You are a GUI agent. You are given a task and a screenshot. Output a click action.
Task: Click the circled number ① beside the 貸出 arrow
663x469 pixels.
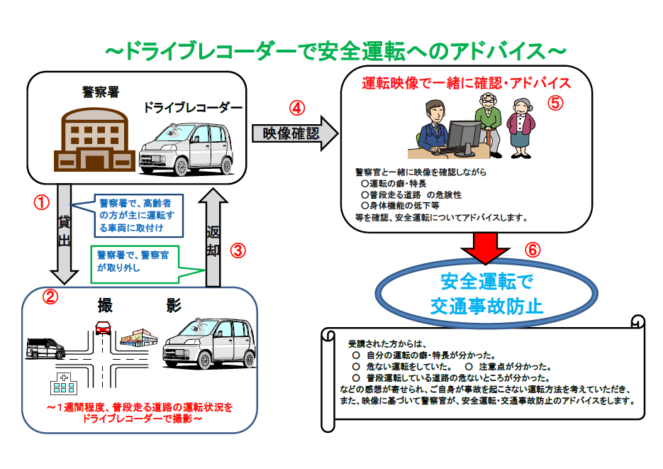43,202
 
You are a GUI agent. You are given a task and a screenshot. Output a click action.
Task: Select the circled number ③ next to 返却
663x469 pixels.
239,250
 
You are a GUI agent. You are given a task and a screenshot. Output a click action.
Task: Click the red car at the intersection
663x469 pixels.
103,327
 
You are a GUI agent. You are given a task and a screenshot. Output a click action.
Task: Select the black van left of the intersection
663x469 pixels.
45,348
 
